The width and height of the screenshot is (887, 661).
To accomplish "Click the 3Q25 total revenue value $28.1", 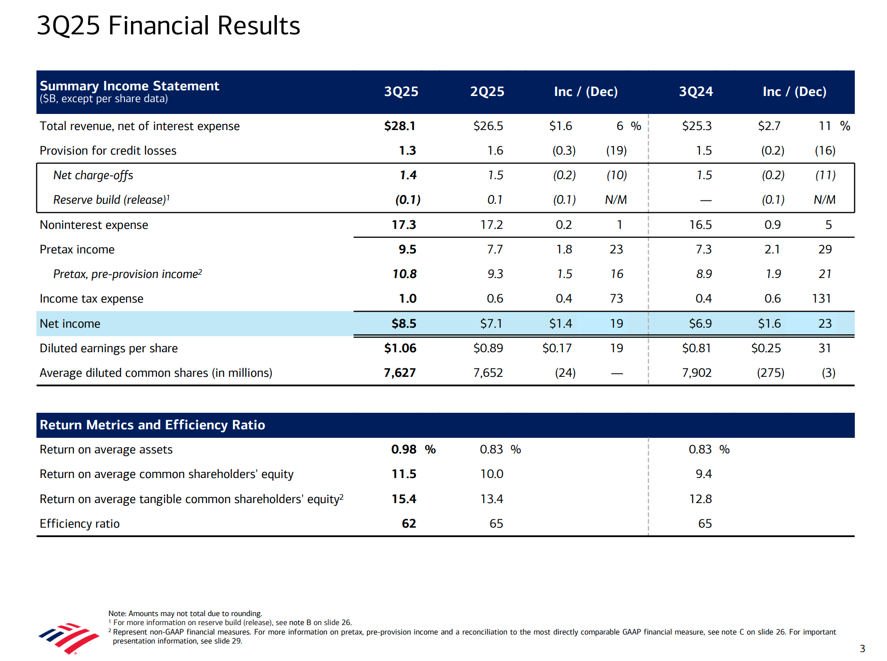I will tap(399, 126).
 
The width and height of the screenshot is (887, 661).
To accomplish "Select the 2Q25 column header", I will tap(487, 92).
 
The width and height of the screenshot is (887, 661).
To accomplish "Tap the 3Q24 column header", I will tap(695, 92).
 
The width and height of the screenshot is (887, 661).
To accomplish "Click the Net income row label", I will tap(70, 324).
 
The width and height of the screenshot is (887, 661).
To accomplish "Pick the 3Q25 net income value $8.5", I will tap(403, 324).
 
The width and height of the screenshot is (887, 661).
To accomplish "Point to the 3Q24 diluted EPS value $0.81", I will tap(696, 348).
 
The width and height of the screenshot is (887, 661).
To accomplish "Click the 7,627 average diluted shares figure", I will tap(399, 373).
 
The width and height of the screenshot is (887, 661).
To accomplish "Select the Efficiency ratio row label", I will tap(80, 524).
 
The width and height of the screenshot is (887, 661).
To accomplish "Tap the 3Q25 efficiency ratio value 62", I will tap(408, 524).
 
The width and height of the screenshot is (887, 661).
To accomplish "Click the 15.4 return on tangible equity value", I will tap(404, 499).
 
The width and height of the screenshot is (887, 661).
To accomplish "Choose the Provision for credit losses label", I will tap(108, 151).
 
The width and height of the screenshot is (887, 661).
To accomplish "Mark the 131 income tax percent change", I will tap(821, 299).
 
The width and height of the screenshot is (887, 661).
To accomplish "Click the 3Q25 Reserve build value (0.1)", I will tap(408, 200).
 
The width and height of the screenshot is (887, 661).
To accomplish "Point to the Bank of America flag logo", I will tap(69, 638).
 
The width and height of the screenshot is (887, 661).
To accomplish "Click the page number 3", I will tap(862, 649).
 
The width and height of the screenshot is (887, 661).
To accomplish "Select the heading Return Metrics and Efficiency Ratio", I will tap(152, 425).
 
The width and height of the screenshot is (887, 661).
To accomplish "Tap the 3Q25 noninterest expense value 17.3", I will tap(403, 225).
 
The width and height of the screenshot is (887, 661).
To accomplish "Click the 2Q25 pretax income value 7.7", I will tap(495, 250).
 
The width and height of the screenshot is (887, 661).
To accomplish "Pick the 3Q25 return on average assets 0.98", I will tap(403, 450).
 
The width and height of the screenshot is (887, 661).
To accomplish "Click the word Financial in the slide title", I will tap(159, 26).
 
